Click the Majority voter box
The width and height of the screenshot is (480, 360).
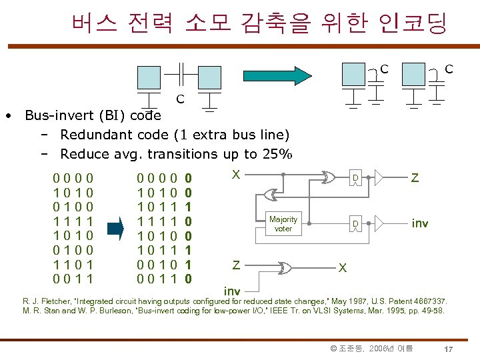click(283, 223)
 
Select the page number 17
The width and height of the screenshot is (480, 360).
click(449, 349)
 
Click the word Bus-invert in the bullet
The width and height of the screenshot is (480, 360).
click(56, 115)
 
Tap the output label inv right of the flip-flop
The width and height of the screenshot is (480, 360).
click(419, 223)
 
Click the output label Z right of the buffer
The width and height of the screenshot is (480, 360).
click(415, 177)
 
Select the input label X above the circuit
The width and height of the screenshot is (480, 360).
click(235, 173)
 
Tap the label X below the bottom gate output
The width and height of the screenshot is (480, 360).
click(342, 268)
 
